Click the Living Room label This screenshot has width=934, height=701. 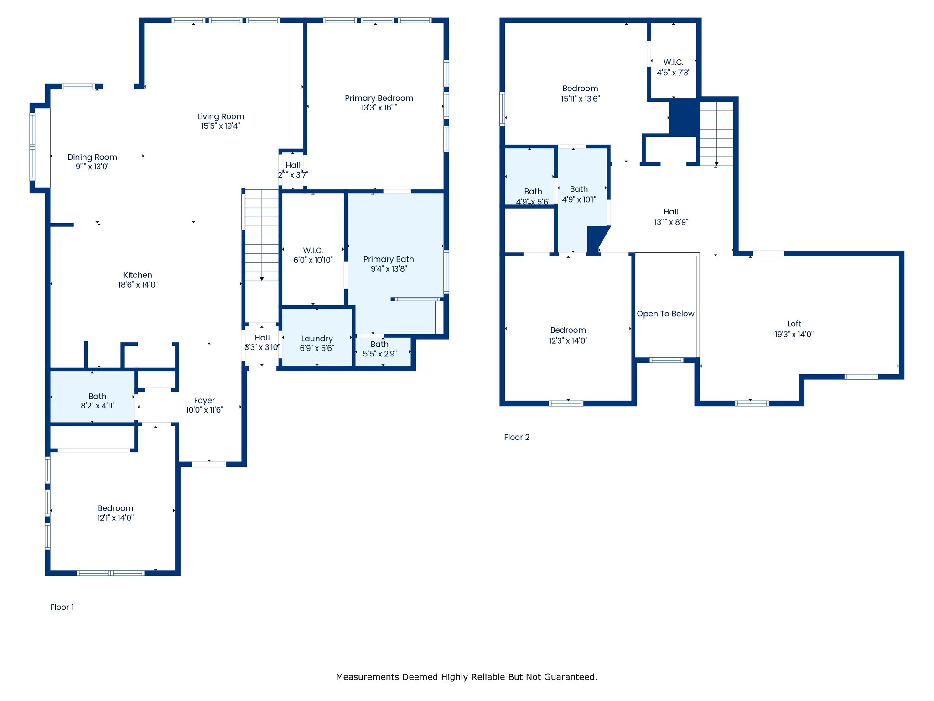[221, 116]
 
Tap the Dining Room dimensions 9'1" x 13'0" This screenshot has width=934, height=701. [93, 167]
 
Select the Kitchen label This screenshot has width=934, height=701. [138, 275]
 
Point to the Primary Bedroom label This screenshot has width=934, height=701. [379, 98]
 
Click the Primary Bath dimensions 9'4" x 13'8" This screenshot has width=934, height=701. [389, 269]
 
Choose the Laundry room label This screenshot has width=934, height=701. [317, 339]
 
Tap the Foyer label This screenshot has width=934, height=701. [204, 400]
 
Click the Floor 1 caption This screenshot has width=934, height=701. [62, 607]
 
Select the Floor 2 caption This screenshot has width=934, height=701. [517, 437]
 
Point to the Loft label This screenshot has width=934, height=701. [794, 324]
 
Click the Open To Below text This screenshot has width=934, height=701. [665, 314]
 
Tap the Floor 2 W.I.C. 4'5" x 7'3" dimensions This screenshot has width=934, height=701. [674, 73]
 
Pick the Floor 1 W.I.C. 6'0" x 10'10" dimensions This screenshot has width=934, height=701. [313, 260]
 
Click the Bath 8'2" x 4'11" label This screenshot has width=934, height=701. [98, 396]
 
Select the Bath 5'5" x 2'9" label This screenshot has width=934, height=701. [379, 344]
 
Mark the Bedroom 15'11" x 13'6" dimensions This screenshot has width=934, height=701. [580, 99]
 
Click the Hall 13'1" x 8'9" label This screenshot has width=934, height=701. [671, 212]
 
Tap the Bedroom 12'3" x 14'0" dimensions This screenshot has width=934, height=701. [568, 340]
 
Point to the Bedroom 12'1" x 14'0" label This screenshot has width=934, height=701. [115, 508]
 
